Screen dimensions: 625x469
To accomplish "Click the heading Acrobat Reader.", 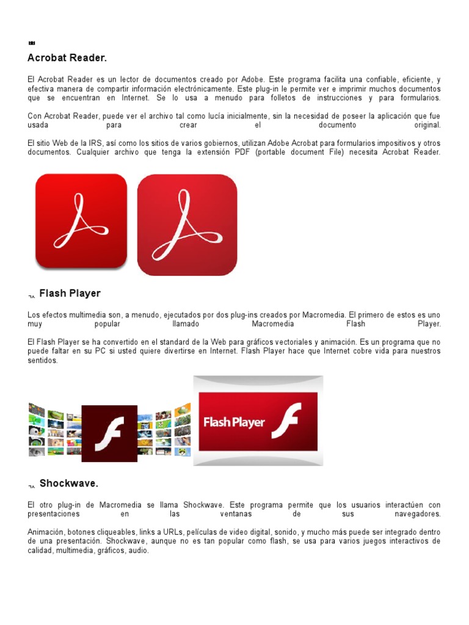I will tap(67, 58).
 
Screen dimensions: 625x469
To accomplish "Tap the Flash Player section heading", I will tap(70, 294).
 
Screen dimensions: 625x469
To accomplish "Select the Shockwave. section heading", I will tap(69, 483).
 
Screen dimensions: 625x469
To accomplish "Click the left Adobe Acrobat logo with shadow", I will tap(81, 221).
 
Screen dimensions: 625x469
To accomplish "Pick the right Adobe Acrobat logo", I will tap(187, 225).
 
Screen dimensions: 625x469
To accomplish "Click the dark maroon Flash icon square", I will tap(109, 433).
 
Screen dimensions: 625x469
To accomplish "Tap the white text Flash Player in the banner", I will tap(234, 422).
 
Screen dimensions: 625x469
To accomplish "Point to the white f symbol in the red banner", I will tap(285, 421).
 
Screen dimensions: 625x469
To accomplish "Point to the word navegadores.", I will tap(418, 514).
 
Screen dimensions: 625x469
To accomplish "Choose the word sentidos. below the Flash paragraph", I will tap(43, 361).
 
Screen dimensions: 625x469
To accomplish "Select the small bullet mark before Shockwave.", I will tap(31, 486).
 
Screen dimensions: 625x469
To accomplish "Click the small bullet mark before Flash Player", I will tap(31, 297).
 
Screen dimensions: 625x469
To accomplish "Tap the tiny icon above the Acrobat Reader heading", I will tap(31, 43).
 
